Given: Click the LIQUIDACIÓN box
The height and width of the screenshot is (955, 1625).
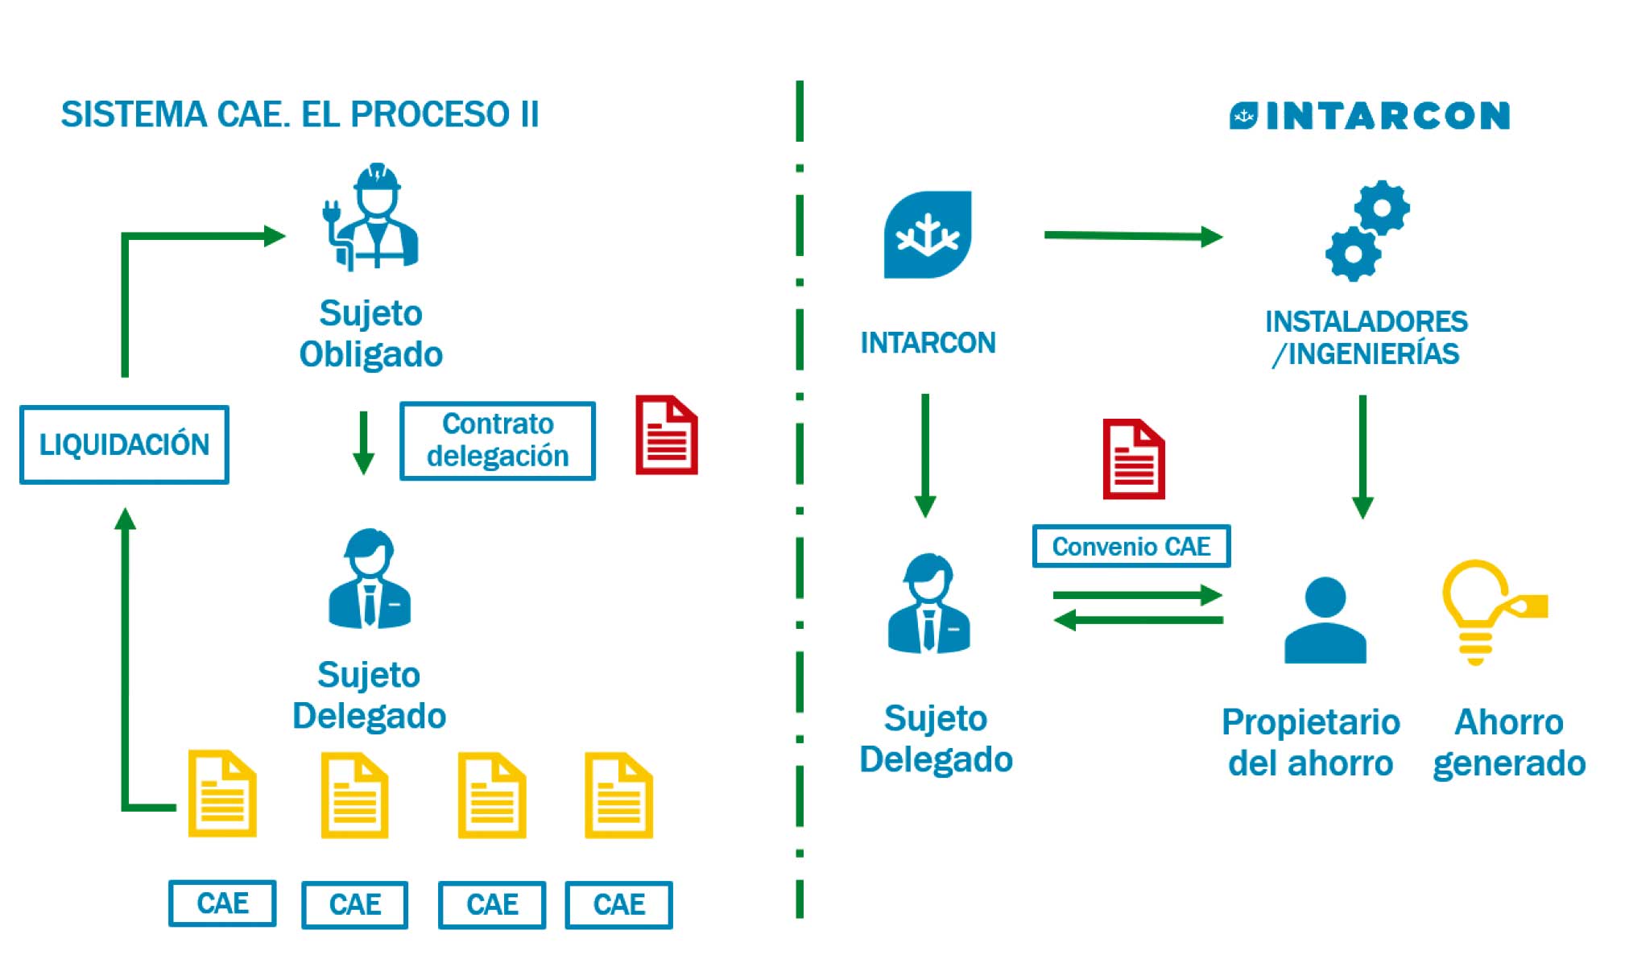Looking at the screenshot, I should click(124, 444).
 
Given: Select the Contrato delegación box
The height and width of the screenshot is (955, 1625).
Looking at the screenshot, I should click(497, 440).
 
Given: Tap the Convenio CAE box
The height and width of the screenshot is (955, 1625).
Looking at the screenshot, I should click(1131, 547).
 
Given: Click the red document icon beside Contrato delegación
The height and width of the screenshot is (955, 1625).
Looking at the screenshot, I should click(666, 435).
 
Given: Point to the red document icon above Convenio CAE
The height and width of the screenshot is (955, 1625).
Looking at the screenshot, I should click(1133, 459).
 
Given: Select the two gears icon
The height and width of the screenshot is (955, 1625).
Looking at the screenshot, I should click(1367, 231).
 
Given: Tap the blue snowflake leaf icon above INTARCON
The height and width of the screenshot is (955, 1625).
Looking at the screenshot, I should click(928, 234).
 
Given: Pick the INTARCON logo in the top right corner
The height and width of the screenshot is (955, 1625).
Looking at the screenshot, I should click(1369, 116).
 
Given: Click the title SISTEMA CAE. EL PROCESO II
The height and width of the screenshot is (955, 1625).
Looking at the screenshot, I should click(300, 114).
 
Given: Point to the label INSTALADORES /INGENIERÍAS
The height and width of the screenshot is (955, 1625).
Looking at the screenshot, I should click(1366, 337).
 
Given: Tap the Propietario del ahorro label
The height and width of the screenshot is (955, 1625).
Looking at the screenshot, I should click(1310, 742).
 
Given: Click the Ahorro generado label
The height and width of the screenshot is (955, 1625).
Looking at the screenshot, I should click(1508, 742).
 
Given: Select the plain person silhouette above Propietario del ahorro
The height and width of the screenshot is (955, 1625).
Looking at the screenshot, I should click(1325, 620).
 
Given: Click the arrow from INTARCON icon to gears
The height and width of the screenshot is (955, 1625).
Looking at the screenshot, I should click(1132, 236).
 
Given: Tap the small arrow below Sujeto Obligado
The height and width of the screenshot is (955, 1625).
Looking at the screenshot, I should click(363, 442).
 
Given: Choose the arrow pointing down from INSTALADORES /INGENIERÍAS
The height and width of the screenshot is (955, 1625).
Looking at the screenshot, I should click(1362, 456).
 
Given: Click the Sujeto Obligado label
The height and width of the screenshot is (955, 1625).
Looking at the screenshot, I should click(370, 333).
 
